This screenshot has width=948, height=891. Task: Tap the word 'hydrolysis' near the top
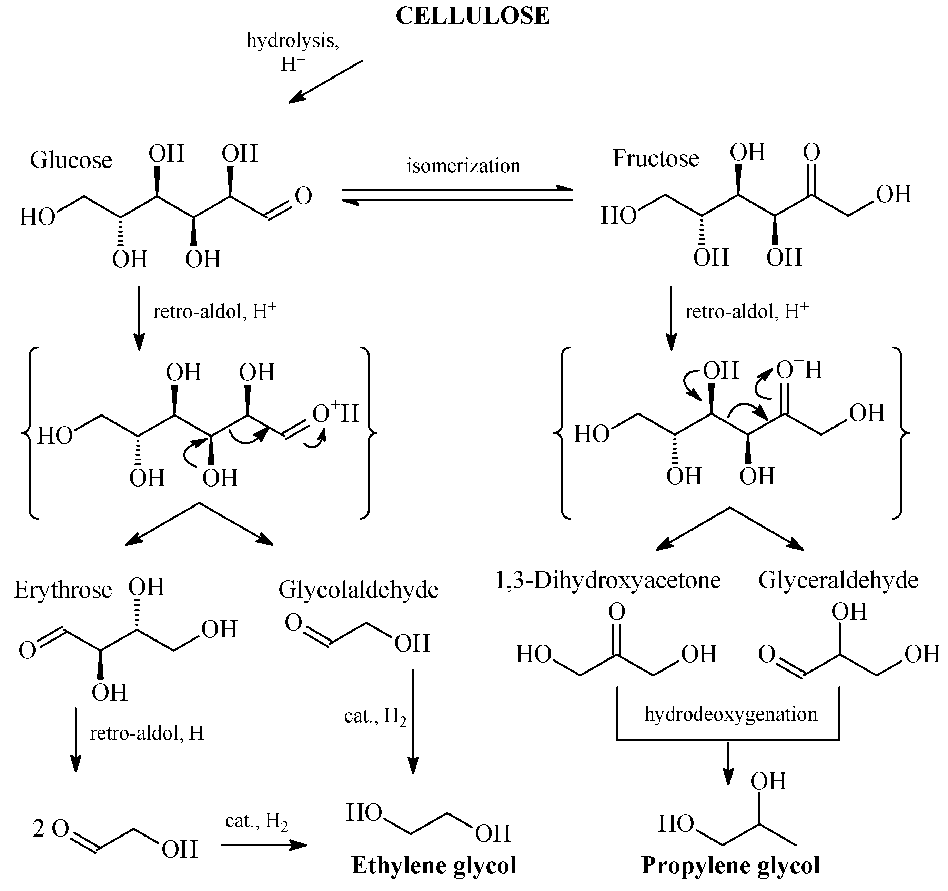click(292, 41)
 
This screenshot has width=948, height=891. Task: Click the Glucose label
click(71, 160)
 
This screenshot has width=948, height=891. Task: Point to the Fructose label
click(655, 159)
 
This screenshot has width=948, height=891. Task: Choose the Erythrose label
click(63, 590)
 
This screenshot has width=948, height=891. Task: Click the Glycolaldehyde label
click(358, 590)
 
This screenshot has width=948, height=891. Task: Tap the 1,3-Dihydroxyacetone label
click(608, 581)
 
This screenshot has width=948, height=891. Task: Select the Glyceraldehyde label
click(838, 581)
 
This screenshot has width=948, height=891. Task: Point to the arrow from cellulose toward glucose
click(326, 82)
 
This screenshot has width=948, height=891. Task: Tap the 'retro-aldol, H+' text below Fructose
click(746, 312)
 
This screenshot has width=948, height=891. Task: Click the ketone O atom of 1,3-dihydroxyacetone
click(617, 612)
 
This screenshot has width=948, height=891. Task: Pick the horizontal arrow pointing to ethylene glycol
click(264, 845)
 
